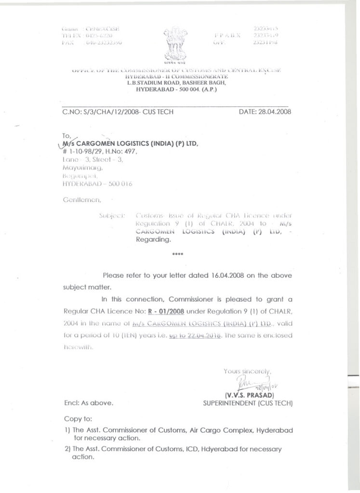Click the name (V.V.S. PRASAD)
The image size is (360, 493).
coord(249,395)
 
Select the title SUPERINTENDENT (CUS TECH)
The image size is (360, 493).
coord(248,402)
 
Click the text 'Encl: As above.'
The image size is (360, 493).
coord(88,403)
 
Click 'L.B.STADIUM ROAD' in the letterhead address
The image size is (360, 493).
coord(152,83)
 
